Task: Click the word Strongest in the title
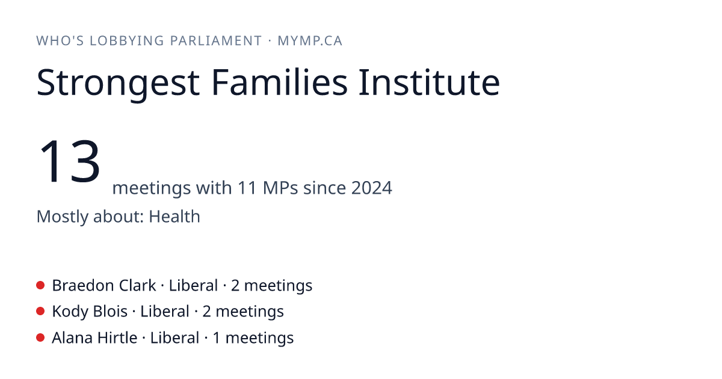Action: [118, 83]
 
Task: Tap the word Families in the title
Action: [279, 82]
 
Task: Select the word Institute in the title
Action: [430, 82]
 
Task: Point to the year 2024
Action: [372, 188]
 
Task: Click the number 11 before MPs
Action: [247, 188]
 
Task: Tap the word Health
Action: [174, 216]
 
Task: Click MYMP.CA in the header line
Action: [310, 41]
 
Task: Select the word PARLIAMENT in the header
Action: [215, 41]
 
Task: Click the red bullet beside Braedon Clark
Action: [40, 285]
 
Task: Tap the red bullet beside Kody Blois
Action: [40, 312]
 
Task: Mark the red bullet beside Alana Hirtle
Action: [40, 337]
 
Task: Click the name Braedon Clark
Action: [104, 286]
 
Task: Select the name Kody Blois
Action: [90, 312]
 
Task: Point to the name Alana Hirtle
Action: [95, 337]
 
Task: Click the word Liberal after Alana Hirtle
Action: [174, 337]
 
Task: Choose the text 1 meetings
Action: [253, 338]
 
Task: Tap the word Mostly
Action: [62, 217]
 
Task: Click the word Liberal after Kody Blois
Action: [165, 312]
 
